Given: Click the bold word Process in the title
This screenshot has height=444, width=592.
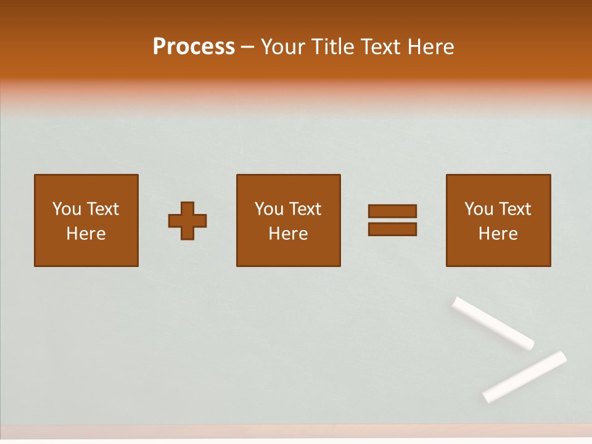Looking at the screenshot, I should coord(194,47).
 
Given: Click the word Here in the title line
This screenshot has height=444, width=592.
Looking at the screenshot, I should coord(430,47).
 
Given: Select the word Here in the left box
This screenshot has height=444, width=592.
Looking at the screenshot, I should coord(86,234).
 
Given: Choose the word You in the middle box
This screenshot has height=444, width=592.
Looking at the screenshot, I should coord(269,209).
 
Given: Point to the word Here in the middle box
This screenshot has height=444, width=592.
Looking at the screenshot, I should coord(288,234).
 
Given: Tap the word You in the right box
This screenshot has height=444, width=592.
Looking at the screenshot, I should coord(479,209).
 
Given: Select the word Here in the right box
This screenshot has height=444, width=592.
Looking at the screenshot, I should coord(498,234).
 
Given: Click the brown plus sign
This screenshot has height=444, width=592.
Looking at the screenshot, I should coord(187,221).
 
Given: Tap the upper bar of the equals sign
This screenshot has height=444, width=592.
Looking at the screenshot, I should coord(392,211).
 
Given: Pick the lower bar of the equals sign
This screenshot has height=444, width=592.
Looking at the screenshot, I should coord(392,229).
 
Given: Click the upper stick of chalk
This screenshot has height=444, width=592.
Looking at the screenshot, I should coord(493,323).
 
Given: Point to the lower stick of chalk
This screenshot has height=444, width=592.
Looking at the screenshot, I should coord(525,376).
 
